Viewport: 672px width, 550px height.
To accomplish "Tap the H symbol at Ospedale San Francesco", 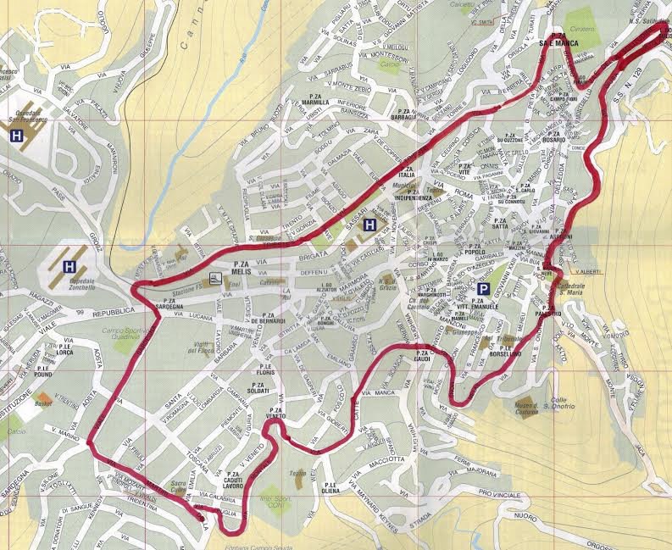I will tap(16, 136).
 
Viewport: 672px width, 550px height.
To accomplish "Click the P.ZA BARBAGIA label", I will tap(406, 115).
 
